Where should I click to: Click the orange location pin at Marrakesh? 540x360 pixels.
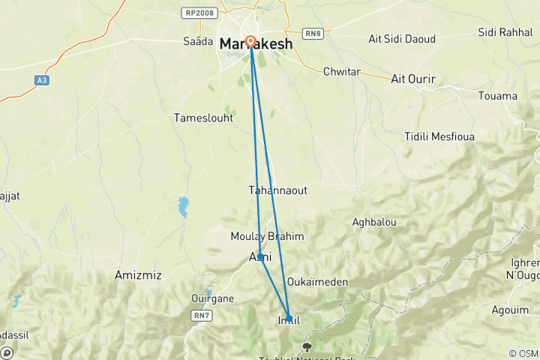250,42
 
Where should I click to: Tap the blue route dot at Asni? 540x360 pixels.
260,256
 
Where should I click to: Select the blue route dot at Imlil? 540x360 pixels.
289,318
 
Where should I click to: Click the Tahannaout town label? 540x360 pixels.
277,190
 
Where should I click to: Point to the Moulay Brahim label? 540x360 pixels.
267,236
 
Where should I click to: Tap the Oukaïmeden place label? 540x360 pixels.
316,282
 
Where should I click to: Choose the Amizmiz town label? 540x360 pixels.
139,275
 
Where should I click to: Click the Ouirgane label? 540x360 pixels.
213,298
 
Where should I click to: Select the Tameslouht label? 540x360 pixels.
203,118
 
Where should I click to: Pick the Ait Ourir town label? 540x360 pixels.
414,78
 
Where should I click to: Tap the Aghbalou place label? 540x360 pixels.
374,222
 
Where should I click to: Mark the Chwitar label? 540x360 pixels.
341,72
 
